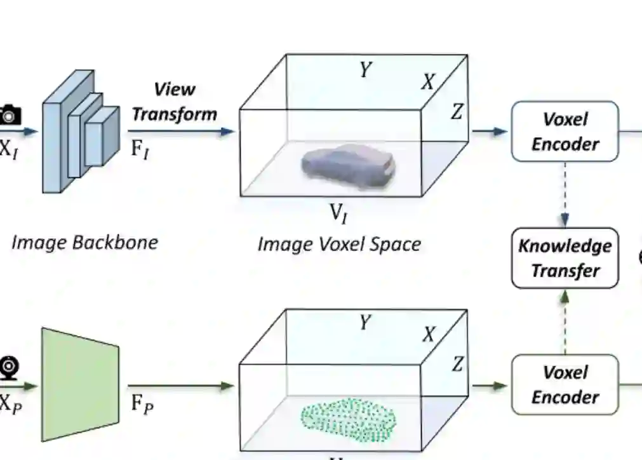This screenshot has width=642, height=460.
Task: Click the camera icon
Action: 10,114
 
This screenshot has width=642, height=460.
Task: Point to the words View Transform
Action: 175,102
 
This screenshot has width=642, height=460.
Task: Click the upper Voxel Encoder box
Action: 565,132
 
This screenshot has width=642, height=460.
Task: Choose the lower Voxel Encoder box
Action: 565,384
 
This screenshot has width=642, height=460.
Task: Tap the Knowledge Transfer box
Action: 565,258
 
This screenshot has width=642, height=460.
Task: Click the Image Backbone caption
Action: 84,242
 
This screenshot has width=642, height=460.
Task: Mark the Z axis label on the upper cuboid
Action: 457,112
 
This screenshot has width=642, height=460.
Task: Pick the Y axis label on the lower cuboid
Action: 364,323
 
